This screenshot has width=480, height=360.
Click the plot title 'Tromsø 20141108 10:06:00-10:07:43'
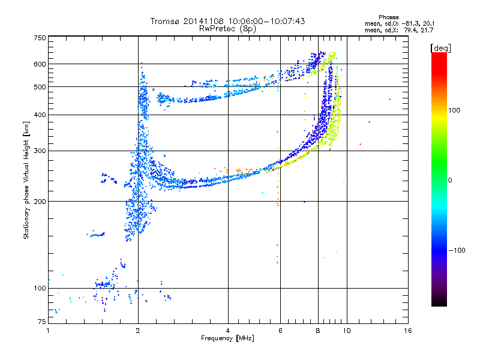point(227,21)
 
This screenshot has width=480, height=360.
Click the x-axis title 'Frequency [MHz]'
point(227,339)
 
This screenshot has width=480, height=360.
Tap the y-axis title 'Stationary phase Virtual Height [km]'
point(26,181)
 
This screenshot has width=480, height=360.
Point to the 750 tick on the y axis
point(39,38)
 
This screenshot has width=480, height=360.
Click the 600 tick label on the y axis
point(39,64)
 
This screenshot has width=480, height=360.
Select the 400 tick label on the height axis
point(39,115)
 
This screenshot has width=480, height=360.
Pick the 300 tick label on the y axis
point(39,151)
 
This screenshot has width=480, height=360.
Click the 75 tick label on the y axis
point(41,322)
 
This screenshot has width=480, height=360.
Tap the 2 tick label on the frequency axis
point(138,331)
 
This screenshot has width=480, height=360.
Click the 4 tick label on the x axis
point(228,331)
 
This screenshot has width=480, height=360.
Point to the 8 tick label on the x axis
point(318,331)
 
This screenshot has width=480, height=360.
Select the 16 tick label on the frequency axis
point(408,331)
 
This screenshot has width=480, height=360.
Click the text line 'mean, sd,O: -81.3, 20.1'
point(399,23)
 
